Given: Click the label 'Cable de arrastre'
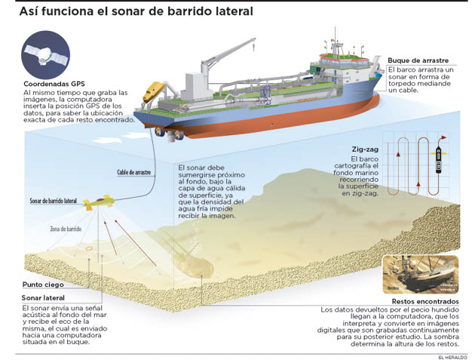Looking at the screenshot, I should tap(133, 172).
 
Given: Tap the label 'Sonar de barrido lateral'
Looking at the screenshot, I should tap(54, 201).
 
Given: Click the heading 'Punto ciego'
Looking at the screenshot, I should tap(43, 285).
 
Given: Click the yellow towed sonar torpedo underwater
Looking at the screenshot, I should tap(99, 202).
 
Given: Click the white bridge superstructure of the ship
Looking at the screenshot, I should tap(347, 60).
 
